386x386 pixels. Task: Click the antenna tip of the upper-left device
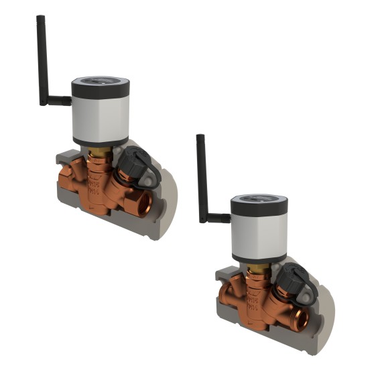40,19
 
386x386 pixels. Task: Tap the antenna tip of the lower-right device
200,138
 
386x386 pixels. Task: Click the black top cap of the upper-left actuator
101,84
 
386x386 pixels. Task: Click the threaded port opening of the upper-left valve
143,200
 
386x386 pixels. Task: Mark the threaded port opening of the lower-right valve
301,318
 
